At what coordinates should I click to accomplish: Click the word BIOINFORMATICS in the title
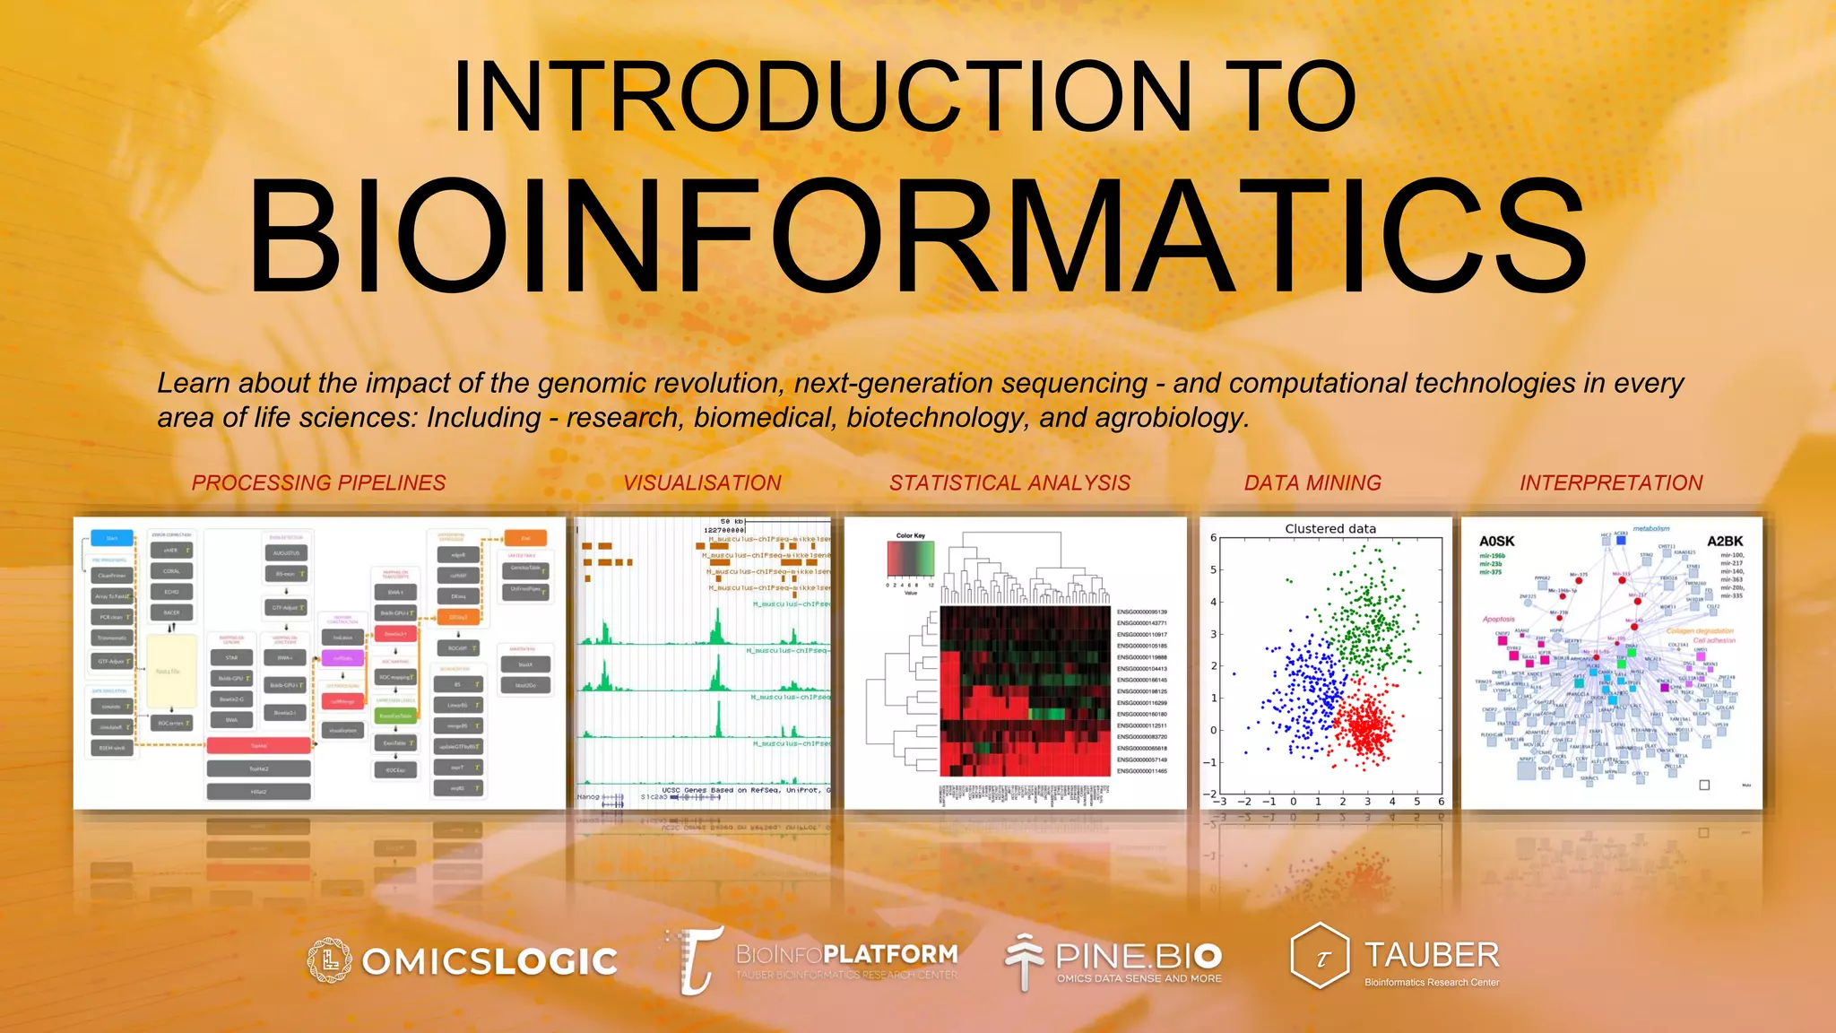pos(916,238)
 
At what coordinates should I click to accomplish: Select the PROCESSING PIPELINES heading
pos(318,482)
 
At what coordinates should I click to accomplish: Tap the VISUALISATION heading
pos(702,482)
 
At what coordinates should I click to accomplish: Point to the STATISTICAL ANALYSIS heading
pos(1009,482)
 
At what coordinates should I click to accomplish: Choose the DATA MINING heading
pos(1312,482)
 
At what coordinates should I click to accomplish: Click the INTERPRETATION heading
pos(1611,482)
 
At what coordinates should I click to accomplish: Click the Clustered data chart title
pos(1329,529)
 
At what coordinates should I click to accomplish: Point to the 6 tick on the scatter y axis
pos(1214,538)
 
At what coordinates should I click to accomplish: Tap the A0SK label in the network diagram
pos(1496,542)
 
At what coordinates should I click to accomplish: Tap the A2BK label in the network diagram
pos(1724,542)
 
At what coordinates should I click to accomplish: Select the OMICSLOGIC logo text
pos(489,962)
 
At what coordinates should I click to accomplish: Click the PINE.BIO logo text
pos(1139,956)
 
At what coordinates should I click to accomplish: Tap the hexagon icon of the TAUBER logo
pos(1320,956)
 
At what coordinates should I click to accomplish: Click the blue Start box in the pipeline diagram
pos(112,538)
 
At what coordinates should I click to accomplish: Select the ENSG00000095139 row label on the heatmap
pos(1141,612)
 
